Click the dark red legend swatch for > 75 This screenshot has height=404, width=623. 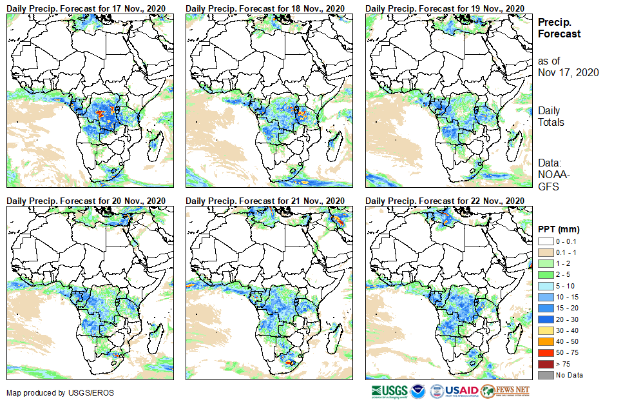pos(545,365)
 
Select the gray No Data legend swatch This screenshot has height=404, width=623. pos(545,375)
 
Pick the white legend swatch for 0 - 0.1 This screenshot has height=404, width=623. pos(545,241)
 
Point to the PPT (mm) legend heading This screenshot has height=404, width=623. pos(559,229)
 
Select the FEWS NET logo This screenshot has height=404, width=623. pos(505,391)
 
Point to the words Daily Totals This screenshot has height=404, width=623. pos(551,117)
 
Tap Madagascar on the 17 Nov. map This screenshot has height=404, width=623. pos(153,145)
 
